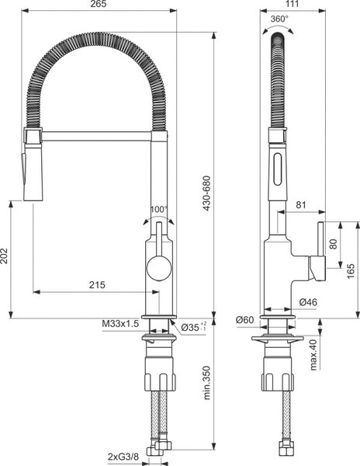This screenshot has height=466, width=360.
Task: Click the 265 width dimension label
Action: (x=99, y=4)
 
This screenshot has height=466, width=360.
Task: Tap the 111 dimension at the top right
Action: (x=292, y=4)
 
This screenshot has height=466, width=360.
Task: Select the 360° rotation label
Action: (x=279, y=19)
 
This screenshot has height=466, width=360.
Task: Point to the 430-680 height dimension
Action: (x=206, y=193)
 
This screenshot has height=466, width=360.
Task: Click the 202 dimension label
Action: (x=5, y=256)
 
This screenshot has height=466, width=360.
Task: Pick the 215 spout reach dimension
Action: (x=97, y=285)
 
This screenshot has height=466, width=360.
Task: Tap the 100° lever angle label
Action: (x=159, y=210)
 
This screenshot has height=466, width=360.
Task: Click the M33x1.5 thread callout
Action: (x=120, y=324)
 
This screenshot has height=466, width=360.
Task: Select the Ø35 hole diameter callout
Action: (x=193, y=327)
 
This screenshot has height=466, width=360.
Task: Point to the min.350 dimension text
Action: (x=206, y=383)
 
